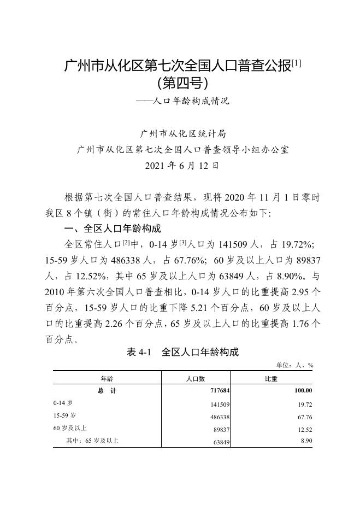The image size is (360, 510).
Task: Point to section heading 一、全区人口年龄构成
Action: pyautogui.click(x=113, y=228)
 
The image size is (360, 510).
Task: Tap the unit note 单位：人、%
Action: pyautogui.click(x=295, y=365)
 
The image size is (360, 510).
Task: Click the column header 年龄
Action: pyautogui.click(x=107, y=378)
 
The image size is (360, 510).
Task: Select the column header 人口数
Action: pyautogui.click(x=196, y=378)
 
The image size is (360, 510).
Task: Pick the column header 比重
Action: pyautogui.click(x=271, y=378)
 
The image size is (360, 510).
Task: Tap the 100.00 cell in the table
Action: pyautogui.click(x=301, y=391)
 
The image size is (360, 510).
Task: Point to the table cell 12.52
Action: pyautogui.click(x=304, y=430)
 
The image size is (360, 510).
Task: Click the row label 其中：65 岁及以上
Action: pyautogui.click(x=92, y=441)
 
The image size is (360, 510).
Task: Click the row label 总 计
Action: pyautogui.click(x=107, y=391)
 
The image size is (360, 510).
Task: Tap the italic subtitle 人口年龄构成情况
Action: pyautogui.click(x=191, y=101)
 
